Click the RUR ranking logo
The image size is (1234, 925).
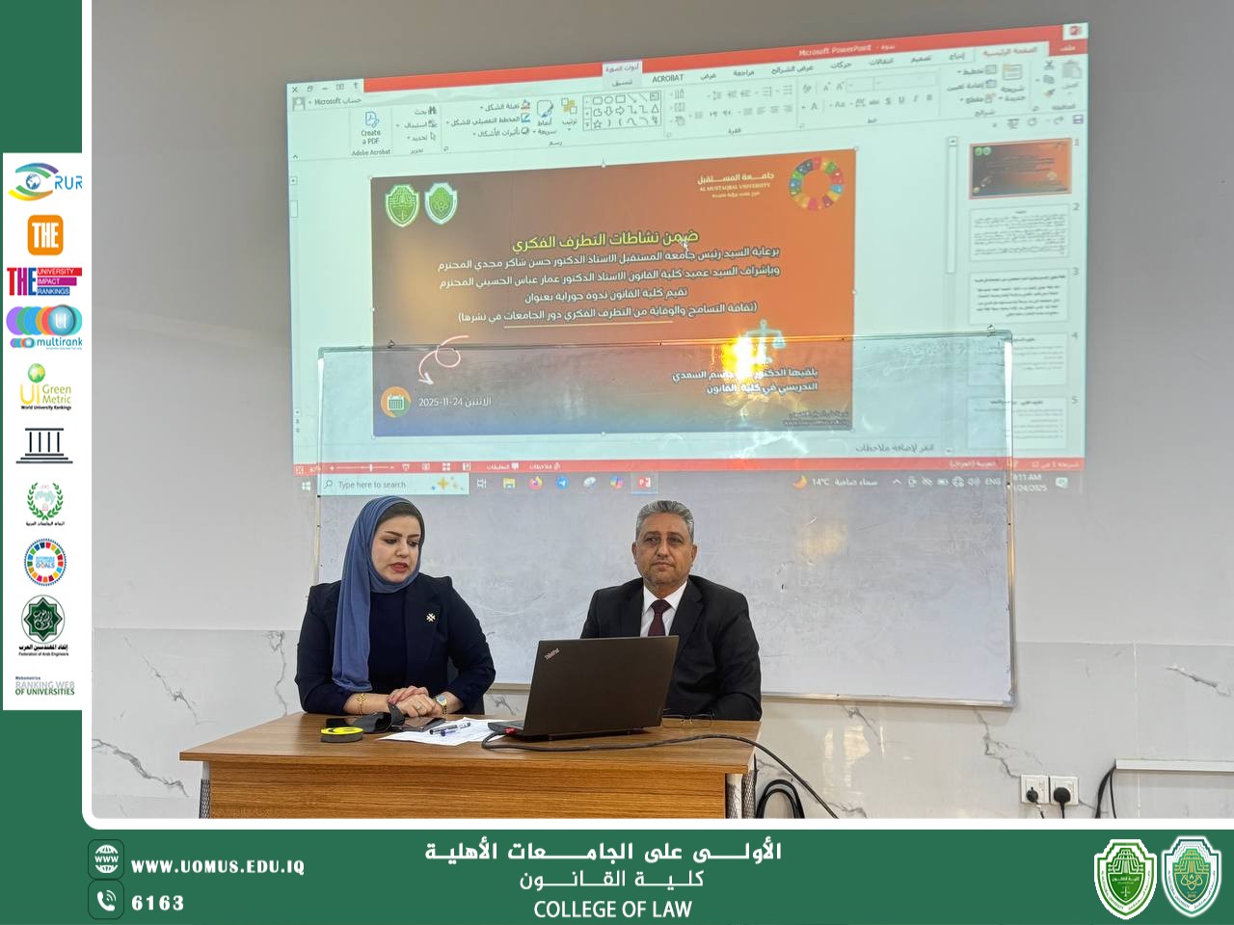click(x=46, y=182)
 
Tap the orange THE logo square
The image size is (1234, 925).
click(x=45, y=234)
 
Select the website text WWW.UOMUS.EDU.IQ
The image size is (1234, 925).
click(x=218, y=867)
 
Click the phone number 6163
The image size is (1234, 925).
click(x=157, y=903)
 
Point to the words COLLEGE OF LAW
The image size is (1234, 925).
click(x=612, y=909)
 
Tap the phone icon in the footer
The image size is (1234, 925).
click(x=106, y=901)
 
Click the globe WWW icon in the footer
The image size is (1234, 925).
click(x=106, y=859)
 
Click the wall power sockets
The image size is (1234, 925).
click(x=1048, y=790)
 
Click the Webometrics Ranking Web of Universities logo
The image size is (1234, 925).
click(x=44, y=686)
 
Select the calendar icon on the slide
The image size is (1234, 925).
click(x=395, y=402)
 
